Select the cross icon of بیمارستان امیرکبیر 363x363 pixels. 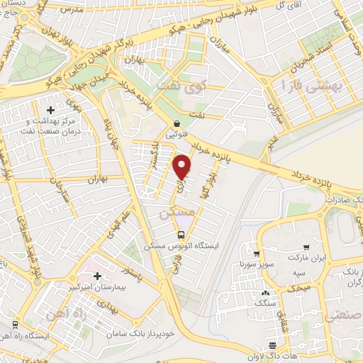pos(98,275)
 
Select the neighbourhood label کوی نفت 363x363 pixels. pos(199,89)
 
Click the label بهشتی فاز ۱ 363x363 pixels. pos(312,86)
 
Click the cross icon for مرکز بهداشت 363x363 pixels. pos(50,110)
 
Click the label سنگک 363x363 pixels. pos(267,303)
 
